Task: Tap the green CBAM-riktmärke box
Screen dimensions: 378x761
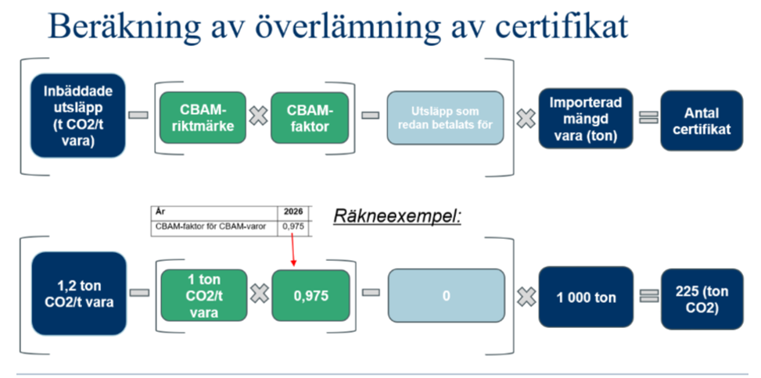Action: [202, 118]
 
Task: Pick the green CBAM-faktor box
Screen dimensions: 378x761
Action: [310, 118]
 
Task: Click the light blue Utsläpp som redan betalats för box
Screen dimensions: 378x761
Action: [446, 118]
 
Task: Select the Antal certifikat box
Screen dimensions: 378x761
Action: [702, 118]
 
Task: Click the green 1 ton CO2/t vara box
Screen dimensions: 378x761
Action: [202, 295]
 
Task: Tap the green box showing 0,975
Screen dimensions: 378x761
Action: [311, 295]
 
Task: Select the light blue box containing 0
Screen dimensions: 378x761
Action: [446, 296]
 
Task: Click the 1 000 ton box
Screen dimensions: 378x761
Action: [587, 297]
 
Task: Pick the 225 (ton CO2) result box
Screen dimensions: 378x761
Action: [702, 297]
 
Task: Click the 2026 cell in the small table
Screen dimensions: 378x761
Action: [293, 212]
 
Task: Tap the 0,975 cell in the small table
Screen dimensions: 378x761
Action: [293, 227]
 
